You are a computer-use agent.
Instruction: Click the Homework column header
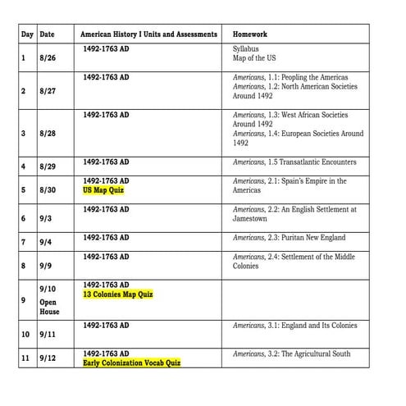[249, 34]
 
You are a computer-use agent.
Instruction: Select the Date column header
[48, 34]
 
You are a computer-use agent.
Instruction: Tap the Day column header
[27, 34]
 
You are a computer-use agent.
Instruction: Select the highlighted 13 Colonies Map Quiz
[118, 294]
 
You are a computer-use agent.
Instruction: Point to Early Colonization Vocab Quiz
[131, 363]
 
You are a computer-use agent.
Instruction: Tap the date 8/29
[48, 167]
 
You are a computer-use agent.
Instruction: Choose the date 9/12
[48, 358]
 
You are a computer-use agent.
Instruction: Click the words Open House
[49, 307]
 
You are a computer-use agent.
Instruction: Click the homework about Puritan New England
[289, 238]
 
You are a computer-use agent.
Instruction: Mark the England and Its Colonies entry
[294, 326]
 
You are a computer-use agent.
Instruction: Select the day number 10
[25, 335]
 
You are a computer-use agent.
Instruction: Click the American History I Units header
[149, 34]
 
